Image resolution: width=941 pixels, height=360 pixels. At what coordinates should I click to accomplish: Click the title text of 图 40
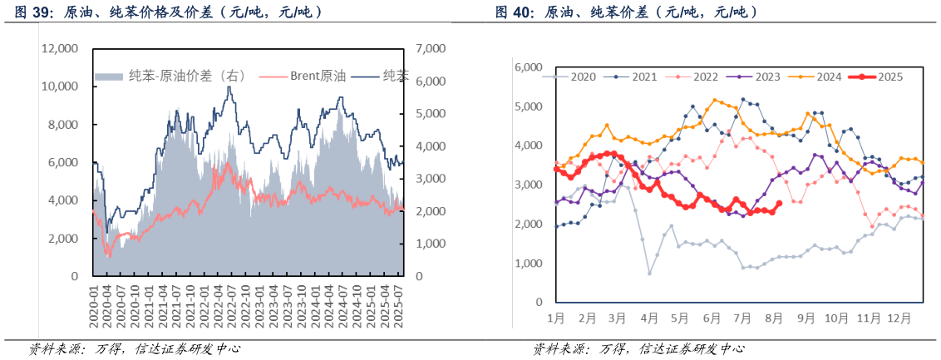pos(625,12)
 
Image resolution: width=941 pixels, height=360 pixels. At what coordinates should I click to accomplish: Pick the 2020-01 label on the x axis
pos(96,303)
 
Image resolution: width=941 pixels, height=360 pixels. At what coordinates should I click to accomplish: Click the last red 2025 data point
pos(779,204)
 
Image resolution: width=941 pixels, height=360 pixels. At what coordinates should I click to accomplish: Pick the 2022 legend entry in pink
pos(705,77)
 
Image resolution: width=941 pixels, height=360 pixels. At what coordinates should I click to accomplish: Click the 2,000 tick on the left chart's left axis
pos(63,239)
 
